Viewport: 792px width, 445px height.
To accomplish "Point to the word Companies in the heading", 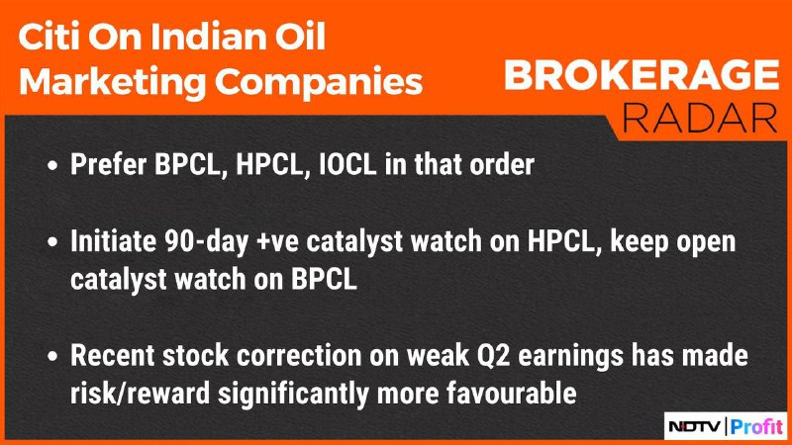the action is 319,81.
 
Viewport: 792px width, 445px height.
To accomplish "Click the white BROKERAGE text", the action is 642,75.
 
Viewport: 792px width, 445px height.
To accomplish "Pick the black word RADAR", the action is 700,118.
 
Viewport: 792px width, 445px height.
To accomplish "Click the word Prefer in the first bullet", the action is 108,164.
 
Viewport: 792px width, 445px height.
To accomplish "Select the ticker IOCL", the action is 347,164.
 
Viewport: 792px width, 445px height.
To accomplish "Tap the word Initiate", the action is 113,241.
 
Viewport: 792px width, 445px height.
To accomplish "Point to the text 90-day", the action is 206,242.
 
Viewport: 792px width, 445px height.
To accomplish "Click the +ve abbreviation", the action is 277,242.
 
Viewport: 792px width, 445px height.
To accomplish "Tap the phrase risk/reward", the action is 140,393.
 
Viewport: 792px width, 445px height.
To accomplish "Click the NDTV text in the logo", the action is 695,427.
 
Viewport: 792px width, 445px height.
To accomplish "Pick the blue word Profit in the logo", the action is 756,426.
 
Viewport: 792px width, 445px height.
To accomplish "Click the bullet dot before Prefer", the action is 52,165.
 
